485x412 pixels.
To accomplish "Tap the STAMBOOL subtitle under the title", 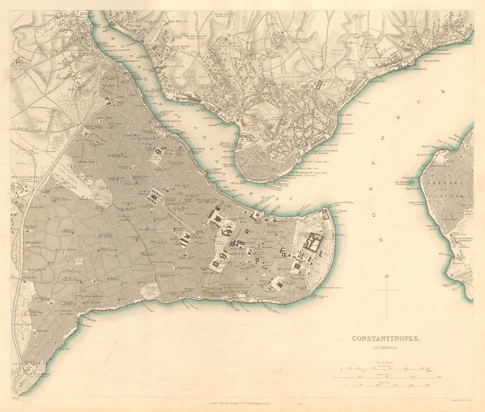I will (x=386, y=347).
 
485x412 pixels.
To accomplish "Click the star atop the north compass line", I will (x=387, y=277).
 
